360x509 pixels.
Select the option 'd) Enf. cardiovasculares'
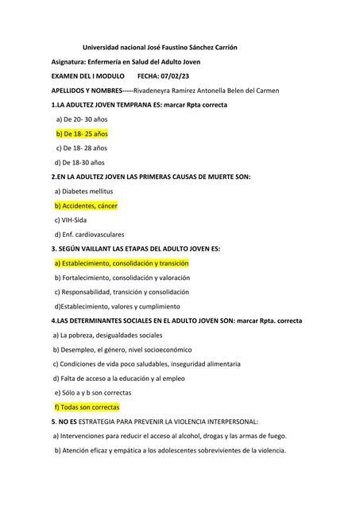click(x=89, y=234)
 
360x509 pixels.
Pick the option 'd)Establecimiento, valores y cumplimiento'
click(x=117, y=305)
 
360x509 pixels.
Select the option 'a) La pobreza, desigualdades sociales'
click(x=107, y=335)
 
